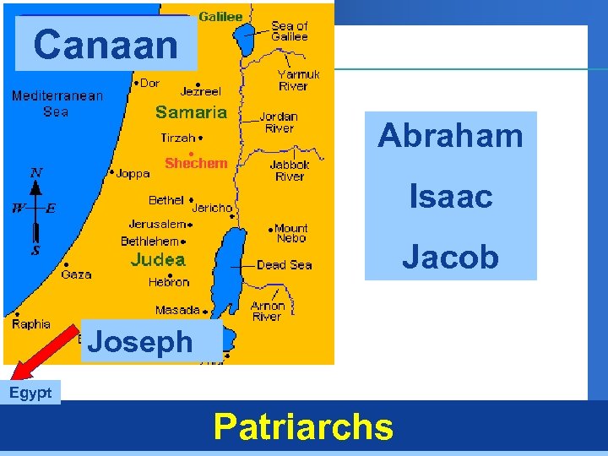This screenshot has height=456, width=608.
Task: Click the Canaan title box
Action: coord(106,44)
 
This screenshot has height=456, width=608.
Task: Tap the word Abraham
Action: coord(450,135)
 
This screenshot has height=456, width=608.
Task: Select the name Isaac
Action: coord(450,197)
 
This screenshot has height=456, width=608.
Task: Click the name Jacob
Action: coord(450,257)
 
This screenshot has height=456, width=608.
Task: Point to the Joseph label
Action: coord(140,342)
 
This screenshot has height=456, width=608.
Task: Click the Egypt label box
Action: coord(30,393)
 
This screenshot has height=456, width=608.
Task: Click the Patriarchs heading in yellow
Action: coord(303,427)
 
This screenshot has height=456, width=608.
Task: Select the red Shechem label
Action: coord(196,163)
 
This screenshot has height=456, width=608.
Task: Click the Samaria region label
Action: coord(191,112)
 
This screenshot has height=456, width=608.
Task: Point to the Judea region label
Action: coord(158,260)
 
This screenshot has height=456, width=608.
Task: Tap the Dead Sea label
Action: coord(285,264)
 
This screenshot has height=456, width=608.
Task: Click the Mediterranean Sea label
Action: coord(57,103)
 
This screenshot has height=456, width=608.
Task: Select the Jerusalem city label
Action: coord(158,225)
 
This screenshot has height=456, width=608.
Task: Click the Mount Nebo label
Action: coord(291,233)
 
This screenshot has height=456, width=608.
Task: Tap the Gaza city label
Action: coord(76,274)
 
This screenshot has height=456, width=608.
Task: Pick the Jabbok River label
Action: coord(290,171)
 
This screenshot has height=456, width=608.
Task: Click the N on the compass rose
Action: coord(35,173)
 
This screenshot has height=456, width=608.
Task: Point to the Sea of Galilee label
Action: coord(290,31)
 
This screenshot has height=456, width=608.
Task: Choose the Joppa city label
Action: coord(133,174)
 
